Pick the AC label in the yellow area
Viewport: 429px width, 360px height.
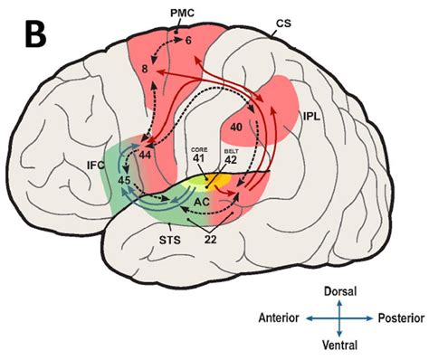pos(205,199)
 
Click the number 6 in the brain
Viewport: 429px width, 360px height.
pos(187,43)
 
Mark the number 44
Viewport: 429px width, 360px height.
pos(145,156)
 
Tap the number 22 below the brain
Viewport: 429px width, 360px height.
pos(210,242)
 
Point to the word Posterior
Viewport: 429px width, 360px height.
pos(400,318)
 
